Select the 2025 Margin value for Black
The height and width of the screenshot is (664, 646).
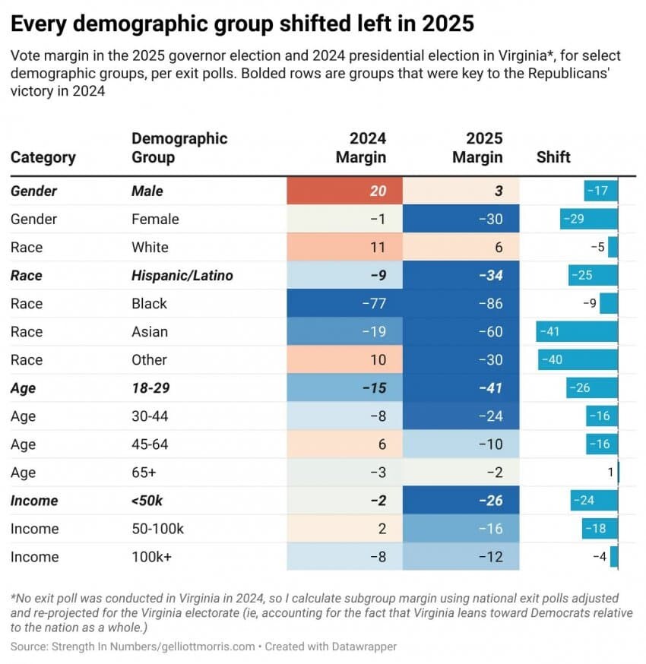pyautogui.click(x=461, y=303)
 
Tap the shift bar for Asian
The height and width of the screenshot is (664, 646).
pyautogui.click(x=577, y=331)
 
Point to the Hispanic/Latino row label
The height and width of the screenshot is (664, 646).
pyautogui.click(x=182, y=275)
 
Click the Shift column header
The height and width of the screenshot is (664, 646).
pyautogui.click(x=553, y=157)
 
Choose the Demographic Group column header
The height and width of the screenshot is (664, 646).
pyautogui.click(x=179, y=148)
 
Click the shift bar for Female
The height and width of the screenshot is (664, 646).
pyautogui.click(x=589, y=219)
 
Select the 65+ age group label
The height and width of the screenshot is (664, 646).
pyautogui.click(x=144, y=473)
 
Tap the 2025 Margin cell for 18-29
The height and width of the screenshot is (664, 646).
pyautogui.click(x=461, y=387)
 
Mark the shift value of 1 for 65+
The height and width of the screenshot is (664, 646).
pyautogui.click(x=610, y=473)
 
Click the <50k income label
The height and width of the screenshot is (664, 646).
pyautogui.click(x=147, y=501)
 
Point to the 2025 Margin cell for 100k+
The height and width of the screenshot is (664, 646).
pyautogui.click(x=461, y=557)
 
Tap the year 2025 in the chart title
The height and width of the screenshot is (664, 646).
pyautogui.click(x=448, y=24)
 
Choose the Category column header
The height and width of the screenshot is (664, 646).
pyautogui.click(x=43, y=157)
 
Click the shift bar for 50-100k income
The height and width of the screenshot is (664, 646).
pyautogui.click(x=600, y=529)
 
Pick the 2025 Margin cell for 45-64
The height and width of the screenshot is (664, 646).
pyautogui.click(x=461, y=444)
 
